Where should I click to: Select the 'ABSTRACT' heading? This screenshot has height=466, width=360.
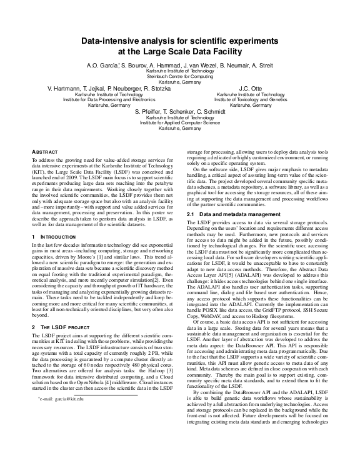click(x=45, y=152)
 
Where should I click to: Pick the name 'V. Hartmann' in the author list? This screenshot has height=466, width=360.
click(x=66, y=89)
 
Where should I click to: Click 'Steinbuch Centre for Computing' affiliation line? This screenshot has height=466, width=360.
click(x=180, y=77)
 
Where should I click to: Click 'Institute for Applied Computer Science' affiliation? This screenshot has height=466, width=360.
click(x=179, y=123)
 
